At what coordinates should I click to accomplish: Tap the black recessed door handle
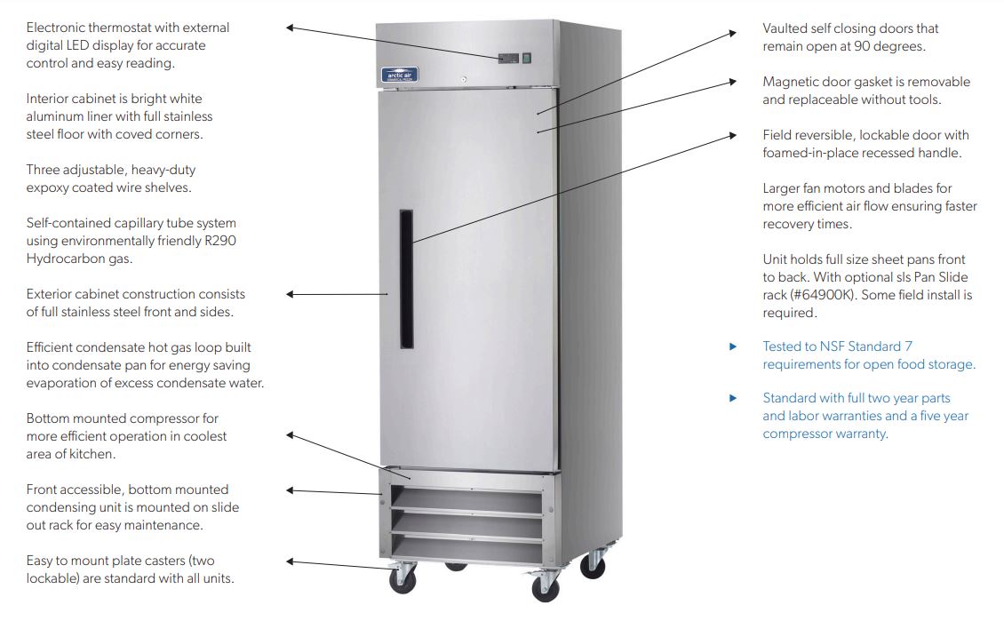pyautogui.click(x=406, y=279)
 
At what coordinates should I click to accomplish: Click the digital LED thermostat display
pyautogui.click(x=507, y=59)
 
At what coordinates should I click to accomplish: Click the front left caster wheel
pyautogui.click(x=402, y=578)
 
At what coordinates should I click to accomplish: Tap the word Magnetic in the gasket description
pyautogui.click(x=790, y=82)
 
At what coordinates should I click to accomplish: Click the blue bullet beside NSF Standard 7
pyautogui.click(x=733, y=346)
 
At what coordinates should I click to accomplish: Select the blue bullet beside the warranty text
pyautogui.click(x=733, y=398)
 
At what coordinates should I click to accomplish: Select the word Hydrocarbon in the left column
pyautogui.click(x=65, y=259)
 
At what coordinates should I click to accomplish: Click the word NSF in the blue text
pyautogui.click(x=831, y=346)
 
